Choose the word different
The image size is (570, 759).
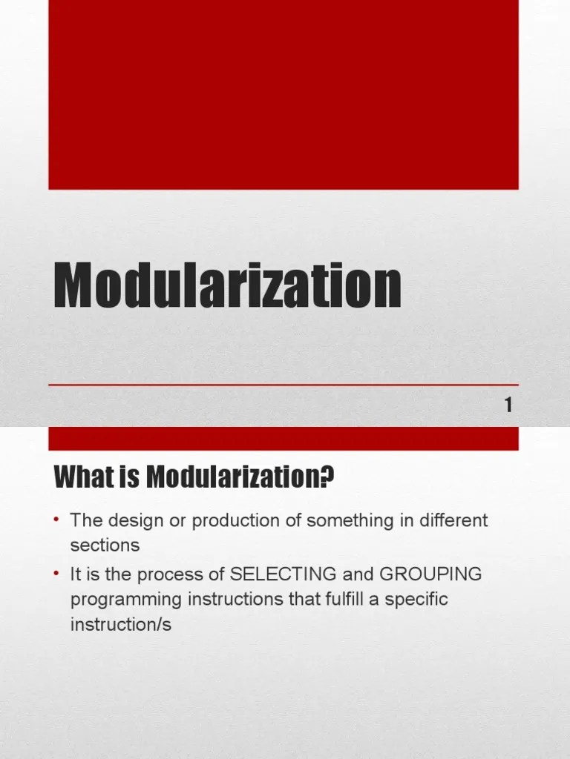(x=452, y=520)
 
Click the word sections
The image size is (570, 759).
(x=105, y=545)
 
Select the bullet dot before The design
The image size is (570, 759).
(x=56, y=520)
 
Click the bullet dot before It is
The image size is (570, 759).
(x=56, y=574)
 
